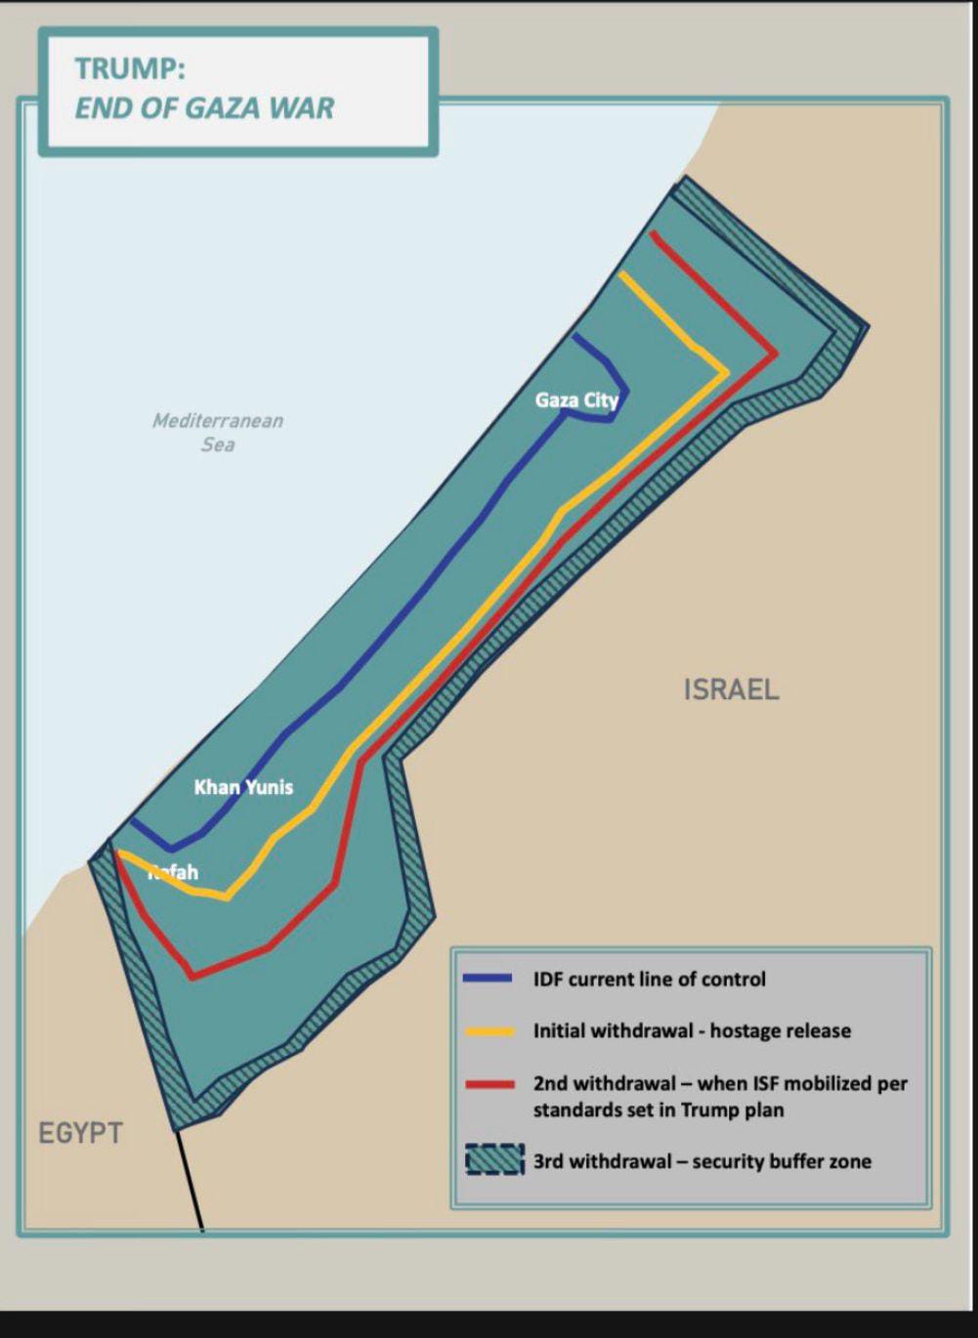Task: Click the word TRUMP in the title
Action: coord(129,69)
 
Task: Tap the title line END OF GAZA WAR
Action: coord(204,107)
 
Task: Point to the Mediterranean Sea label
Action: coord(218,432)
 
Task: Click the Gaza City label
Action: coord(576,400)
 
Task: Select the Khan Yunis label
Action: coord(243,787)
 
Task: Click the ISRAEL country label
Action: coord(731,690)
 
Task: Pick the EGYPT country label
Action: coord(80,1134)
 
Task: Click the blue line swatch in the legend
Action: coord(489,979)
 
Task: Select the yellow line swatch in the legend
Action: coord(489,1031)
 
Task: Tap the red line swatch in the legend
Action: coord(489,1084)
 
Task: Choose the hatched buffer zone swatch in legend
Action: coord(494,1160)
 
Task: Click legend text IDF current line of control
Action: coord(649,980)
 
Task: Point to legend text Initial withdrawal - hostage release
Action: coord(692,1031)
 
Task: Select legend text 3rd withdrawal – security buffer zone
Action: coord(702,1162)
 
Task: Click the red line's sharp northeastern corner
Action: coord(777,354)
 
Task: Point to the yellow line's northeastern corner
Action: coord(727,372)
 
